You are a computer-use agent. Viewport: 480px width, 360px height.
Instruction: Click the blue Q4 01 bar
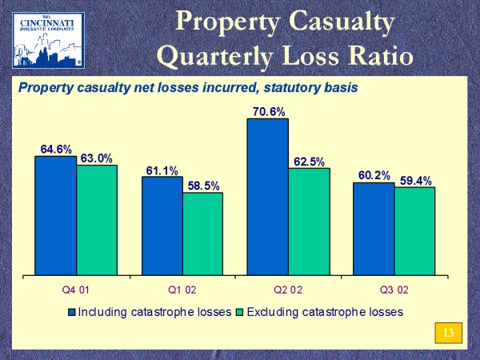coord(56,216)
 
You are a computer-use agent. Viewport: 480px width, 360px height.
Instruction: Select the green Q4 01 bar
coord(97,221)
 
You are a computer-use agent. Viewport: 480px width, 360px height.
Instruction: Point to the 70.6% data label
coord(269,111)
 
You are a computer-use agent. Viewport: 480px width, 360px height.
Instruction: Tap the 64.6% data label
coord(57,149)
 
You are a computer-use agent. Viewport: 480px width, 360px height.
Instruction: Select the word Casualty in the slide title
coord(346,22)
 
